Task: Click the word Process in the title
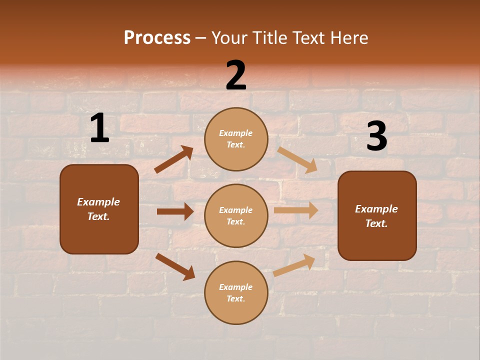point(157,38)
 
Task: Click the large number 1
point(99,129)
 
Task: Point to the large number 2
point(236,75)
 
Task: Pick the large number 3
point(376,136)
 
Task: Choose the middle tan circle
point(236,215)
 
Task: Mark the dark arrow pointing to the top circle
point(174,159)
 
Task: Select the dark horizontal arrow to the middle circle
point(175,211)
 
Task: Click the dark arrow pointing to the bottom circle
point(175,266)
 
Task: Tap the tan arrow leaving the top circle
point(297,160)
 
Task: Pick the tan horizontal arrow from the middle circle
point(296,210)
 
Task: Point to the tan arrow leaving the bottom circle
point(294,265)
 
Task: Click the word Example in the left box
point(98,202)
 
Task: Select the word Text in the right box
point(376,223)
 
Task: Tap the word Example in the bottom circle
point(235,287)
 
